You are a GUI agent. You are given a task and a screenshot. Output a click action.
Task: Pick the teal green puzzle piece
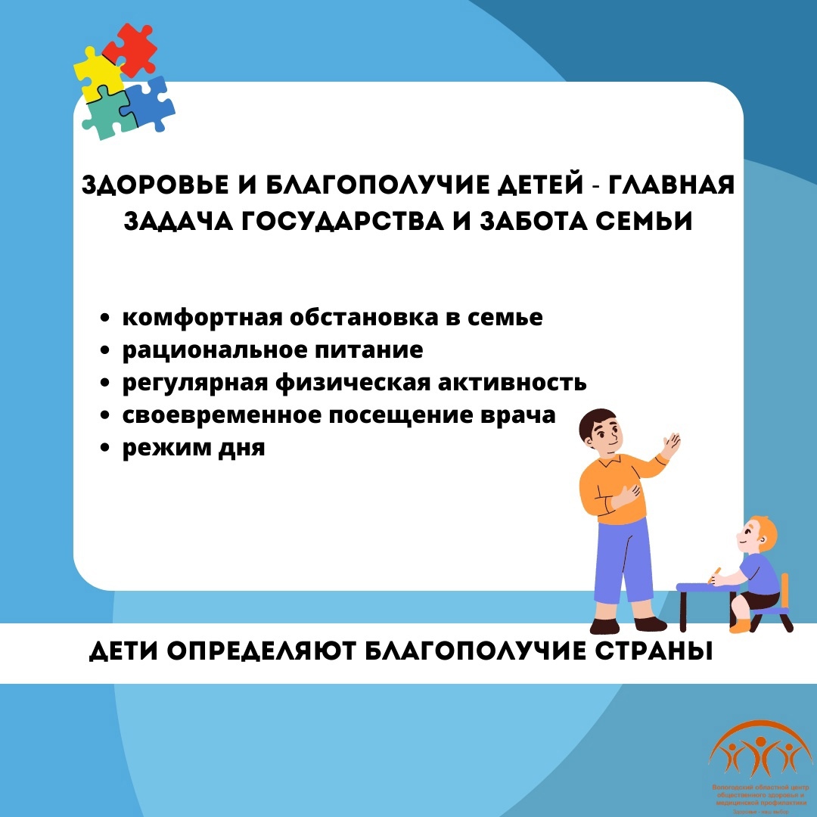click(x=108, y=117)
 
